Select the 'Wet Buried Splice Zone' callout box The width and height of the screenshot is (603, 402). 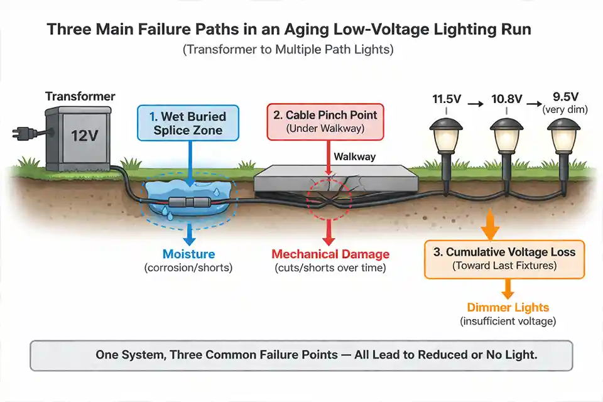tap(188, 123)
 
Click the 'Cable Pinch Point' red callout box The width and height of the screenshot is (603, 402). tap(325, 121)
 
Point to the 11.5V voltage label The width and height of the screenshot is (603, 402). tap(447, 99)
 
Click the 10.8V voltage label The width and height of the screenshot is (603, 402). tap(506, 99)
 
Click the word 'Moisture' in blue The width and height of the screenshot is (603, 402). tap(188, 254)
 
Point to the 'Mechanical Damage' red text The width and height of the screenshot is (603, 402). tap(330, 254)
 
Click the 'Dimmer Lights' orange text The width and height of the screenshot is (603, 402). tap(508, 308)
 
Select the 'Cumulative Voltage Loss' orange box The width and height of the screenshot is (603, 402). tap(504, 259)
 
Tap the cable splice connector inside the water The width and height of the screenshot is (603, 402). tap(188, 203)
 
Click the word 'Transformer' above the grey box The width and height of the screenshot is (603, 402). tap(80, 96)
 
